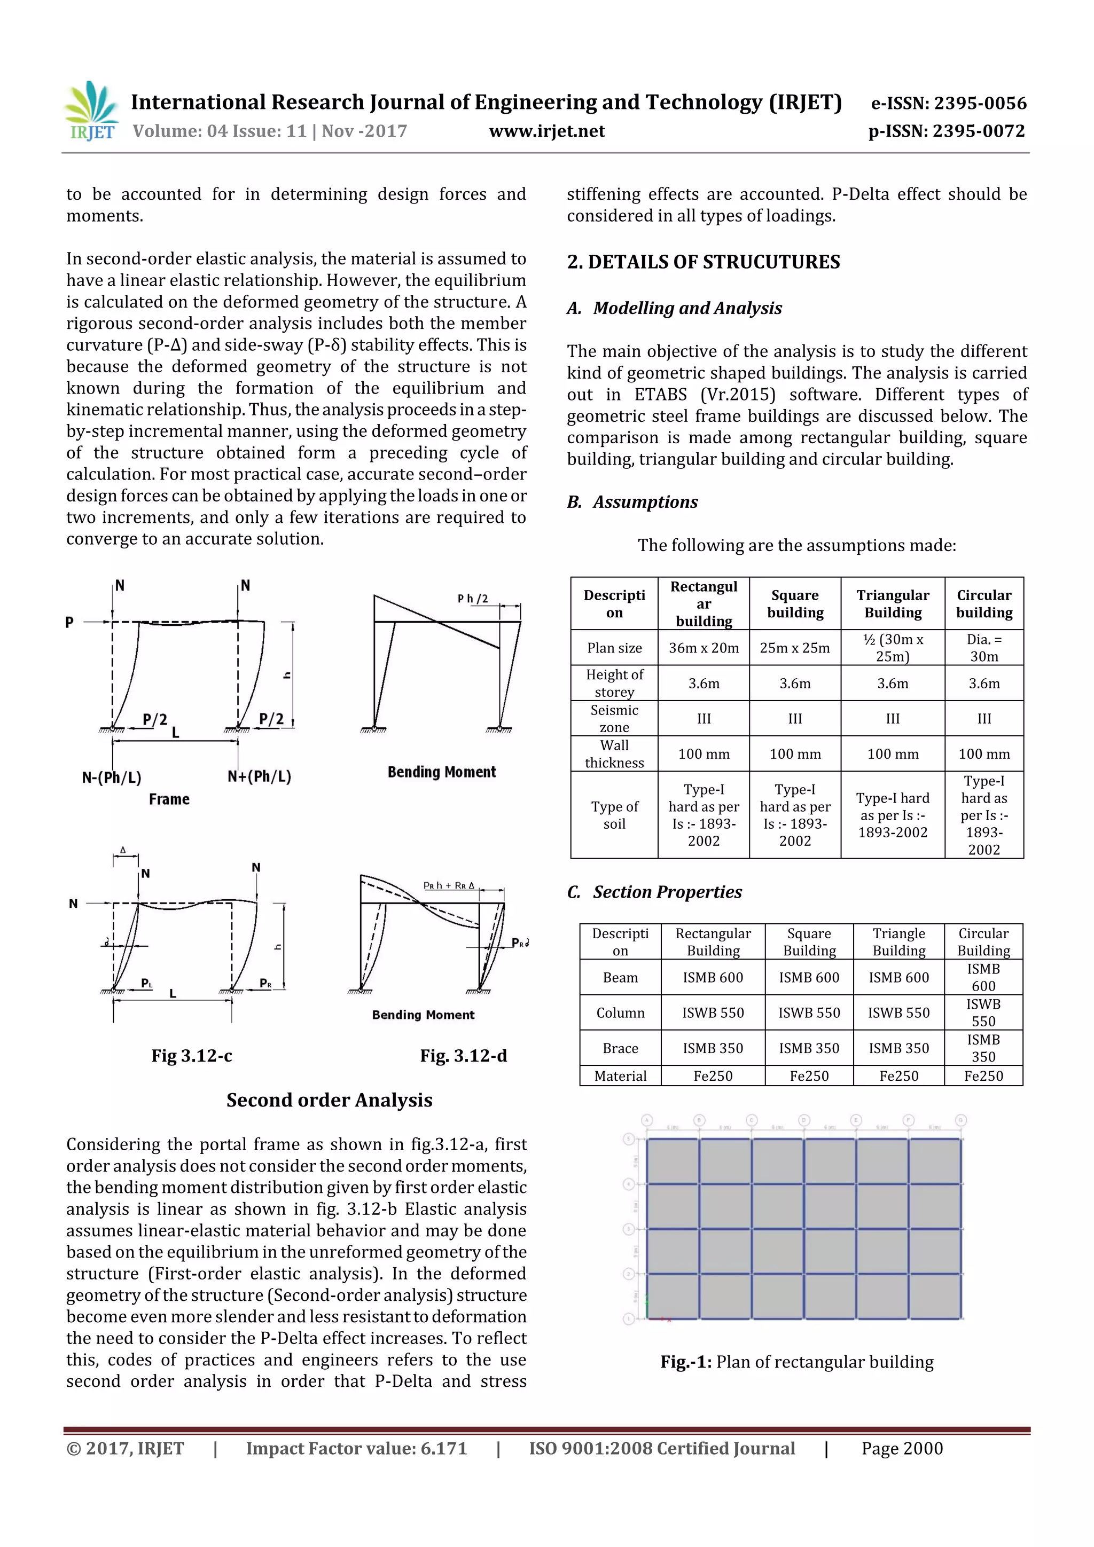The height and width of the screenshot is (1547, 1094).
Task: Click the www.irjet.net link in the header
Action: coord(546,131)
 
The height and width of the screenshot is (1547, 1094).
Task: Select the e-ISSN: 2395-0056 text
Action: coord(948,103)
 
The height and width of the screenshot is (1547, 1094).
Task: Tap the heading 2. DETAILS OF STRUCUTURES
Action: coord(703,262)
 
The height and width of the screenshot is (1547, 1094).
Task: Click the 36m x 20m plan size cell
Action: coord(703,648)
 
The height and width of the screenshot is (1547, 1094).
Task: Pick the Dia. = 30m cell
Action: coord(983,648)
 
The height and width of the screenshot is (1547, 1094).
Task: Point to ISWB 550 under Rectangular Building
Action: coord(713,1012)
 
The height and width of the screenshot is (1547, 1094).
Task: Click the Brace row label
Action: coord(620,1048)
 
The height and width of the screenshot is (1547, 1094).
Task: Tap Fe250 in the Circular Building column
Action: coord(983,1076)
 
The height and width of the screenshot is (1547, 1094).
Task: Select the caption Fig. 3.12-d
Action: coord(463,1056)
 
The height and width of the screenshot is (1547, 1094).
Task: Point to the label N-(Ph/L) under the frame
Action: coord(112,778)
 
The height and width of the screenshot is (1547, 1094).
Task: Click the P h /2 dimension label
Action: coord(473,598)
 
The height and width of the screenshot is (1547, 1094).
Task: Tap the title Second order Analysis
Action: coord(329,1100)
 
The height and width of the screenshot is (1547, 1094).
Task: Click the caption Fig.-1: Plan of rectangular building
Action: coord(797,1362)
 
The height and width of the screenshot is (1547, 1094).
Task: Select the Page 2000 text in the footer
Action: coord(901,1449)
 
